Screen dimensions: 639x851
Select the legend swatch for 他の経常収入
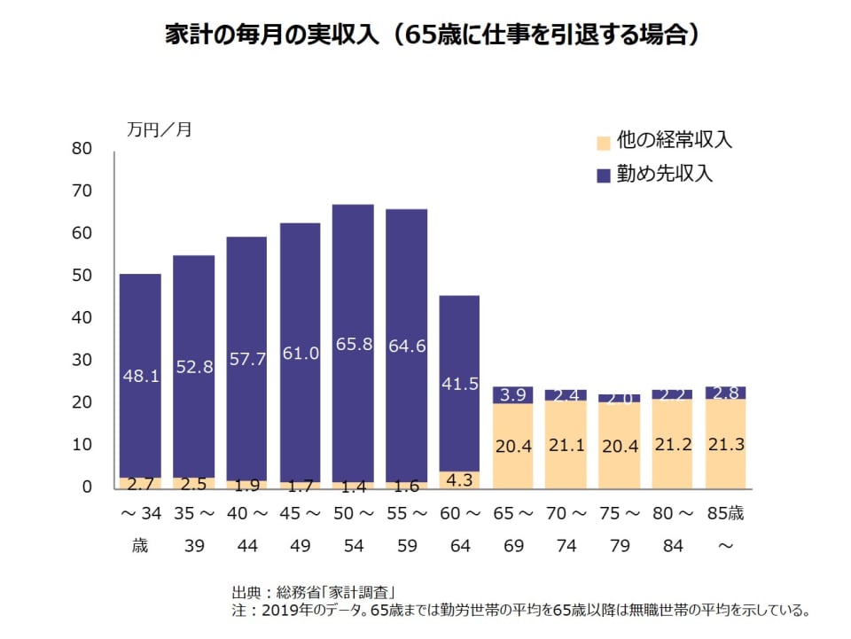604,142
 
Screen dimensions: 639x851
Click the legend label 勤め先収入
665,173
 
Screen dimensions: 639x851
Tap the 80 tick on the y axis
82,149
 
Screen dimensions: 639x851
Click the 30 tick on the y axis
82,360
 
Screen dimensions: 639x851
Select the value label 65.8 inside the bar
353,344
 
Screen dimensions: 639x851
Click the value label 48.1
140,376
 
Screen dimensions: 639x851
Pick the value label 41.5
459,384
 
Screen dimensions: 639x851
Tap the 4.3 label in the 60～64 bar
459,480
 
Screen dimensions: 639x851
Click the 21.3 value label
725,445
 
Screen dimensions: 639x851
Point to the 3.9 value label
512,394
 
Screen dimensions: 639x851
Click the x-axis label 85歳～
725,529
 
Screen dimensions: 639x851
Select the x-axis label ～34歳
140,529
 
